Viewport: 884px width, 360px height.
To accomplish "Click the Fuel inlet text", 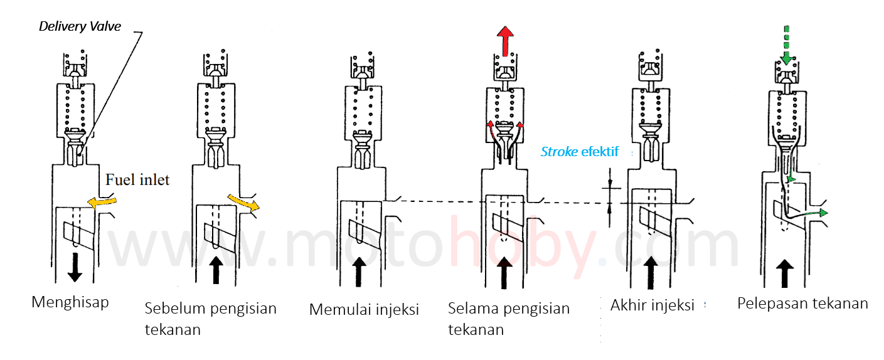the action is tap(137, 180).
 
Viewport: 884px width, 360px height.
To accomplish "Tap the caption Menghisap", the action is tap(70, 302).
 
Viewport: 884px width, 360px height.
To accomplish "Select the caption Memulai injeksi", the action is tap(364, 309).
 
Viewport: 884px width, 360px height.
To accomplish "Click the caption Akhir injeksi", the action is tap(652, 305).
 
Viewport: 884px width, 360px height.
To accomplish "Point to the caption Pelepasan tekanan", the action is tap(802, 304).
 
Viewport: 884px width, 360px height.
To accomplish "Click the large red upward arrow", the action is tap(504, 41).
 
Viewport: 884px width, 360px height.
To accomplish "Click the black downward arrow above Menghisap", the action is tap(75, 267).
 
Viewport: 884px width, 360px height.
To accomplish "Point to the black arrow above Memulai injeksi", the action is tap(359, 271).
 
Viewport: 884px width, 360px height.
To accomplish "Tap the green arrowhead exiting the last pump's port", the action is tap(823, 213).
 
